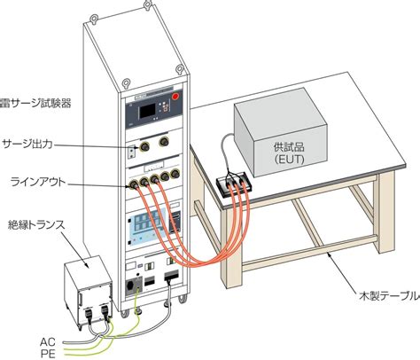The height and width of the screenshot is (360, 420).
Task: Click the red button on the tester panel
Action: click(x=175, y=97)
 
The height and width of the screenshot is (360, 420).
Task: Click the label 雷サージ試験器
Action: click(x=35, y=103)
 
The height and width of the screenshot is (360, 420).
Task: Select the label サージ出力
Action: click(x=27, y=144)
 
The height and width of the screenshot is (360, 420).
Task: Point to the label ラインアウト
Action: click(x=38, y=182)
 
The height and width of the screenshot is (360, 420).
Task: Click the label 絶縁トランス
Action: click(x=36, y=225)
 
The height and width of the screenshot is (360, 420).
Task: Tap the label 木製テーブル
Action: click(x=390, y=295)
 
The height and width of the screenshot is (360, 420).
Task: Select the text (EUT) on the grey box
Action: click(x=289, y=160)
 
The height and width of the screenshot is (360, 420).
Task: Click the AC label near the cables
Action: click(x=48, y=342)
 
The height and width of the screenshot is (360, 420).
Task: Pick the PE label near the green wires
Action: click(x=48, y=354)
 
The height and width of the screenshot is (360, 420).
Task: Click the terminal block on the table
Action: click(x=234, y=185)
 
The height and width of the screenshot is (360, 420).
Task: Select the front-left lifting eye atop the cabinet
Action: click(x=126, y=82)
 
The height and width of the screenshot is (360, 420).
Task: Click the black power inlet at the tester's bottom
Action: click(x=129, y=286)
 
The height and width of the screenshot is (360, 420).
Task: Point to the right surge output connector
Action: click(x=164, y=142)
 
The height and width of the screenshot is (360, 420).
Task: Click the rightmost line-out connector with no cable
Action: click(x=175, y=174)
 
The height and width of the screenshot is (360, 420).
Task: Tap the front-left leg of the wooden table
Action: click(x=231, y=247)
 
